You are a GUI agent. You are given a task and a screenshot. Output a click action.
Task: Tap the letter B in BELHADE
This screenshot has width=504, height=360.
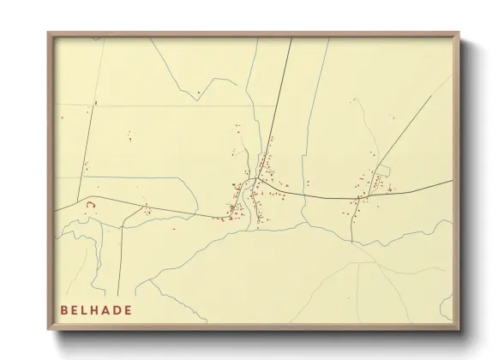pyautogui.click(x=64, y=309)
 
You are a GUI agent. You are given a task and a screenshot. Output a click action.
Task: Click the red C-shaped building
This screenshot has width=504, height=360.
pyautogui.click(x=89, y=204)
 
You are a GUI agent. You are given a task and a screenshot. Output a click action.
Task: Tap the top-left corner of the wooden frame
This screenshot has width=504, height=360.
pyautogui.click(x=48, y=33)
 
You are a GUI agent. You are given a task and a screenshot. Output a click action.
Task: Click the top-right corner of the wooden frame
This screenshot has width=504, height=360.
pyautogui.click(x=459, y=33)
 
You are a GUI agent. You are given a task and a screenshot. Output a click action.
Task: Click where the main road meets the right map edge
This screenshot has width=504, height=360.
pyautogui.click(x=450, y=182)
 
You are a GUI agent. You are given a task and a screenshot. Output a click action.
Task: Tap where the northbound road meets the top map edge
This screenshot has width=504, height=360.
pyautogui.click(x=290, y=40)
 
